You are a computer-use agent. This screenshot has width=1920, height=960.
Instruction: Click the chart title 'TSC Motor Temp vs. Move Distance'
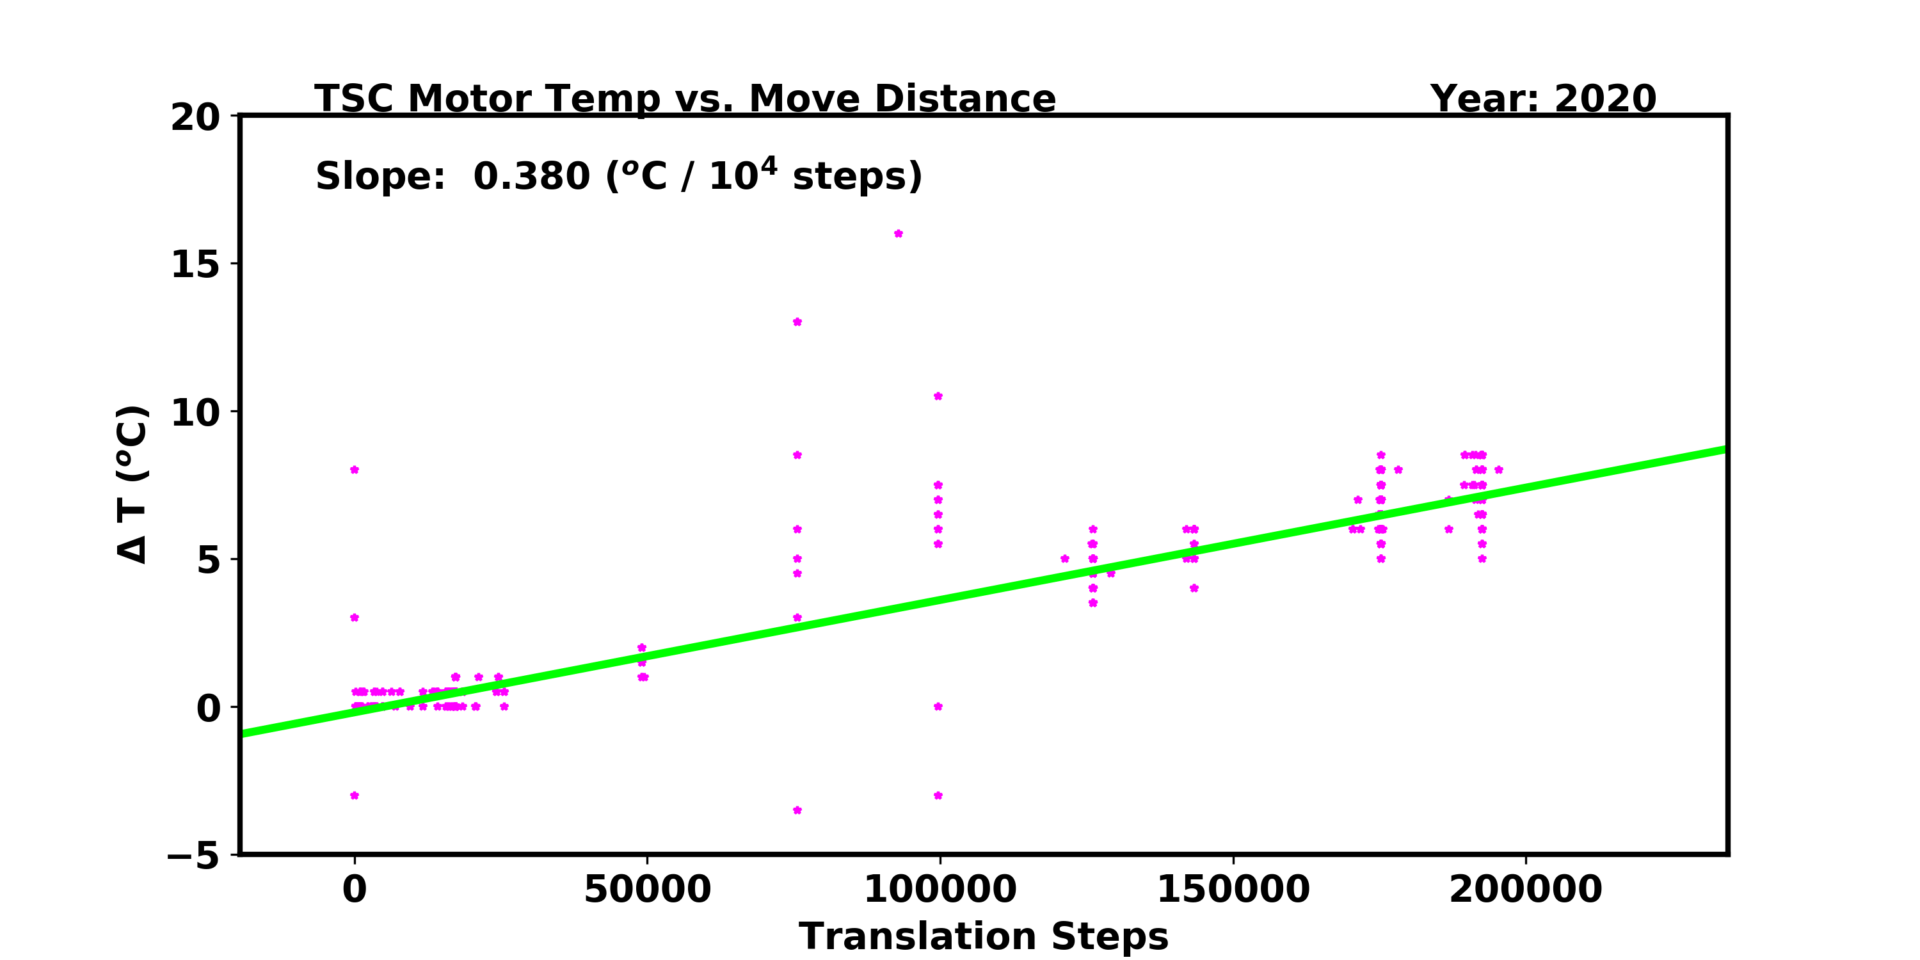coord(685,99)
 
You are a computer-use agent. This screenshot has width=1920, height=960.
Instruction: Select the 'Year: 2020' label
coord(1543,99)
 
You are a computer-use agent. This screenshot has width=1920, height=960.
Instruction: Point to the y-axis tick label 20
coord(195,117)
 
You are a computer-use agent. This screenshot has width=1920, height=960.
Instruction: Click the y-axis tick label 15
coord(195,264)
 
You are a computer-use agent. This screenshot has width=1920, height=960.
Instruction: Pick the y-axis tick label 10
coord(195,412)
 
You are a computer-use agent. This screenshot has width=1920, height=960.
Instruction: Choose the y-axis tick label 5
coord(209,560)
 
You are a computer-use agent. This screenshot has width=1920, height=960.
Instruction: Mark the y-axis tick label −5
coord(194,855)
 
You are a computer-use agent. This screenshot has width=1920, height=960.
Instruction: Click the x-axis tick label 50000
coord(647,889)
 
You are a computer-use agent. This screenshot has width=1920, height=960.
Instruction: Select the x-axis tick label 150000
coord(1233,889)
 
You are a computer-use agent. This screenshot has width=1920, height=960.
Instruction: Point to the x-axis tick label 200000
coord(1526,889)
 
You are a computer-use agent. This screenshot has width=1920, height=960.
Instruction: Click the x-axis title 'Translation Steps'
coord(983,936)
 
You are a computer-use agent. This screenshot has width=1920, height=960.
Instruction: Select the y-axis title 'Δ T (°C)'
coord(133,484)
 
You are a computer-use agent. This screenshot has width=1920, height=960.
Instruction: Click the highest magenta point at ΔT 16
coord(898,234)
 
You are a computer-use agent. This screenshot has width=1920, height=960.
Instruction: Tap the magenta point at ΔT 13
coord(797,322)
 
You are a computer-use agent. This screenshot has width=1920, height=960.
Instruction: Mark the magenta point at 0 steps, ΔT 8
coord(354,470)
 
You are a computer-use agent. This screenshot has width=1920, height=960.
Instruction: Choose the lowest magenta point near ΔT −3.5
coord(797,810)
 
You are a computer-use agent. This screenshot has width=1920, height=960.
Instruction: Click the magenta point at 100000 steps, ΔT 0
coord(938,707)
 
